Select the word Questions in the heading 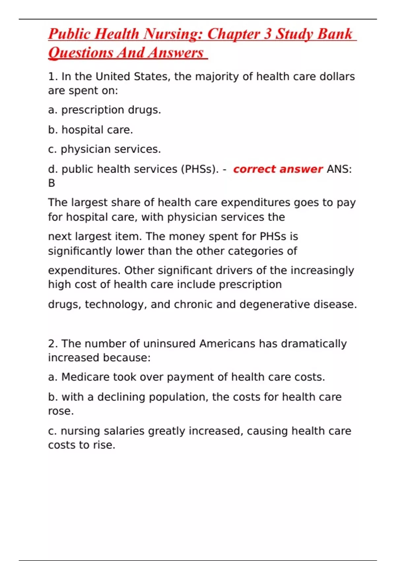tap(81, 53)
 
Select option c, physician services tap(104, 149)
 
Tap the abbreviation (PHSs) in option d tap(200, 169)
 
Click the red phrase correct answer tap(278, 169)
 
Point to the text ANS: tap(339, 169)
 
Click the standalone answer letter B tap(51, 183)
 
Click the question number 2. tap(53, 344)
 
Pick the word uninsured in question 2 tap(169, 344)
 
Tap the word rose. tap(60, 411)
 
